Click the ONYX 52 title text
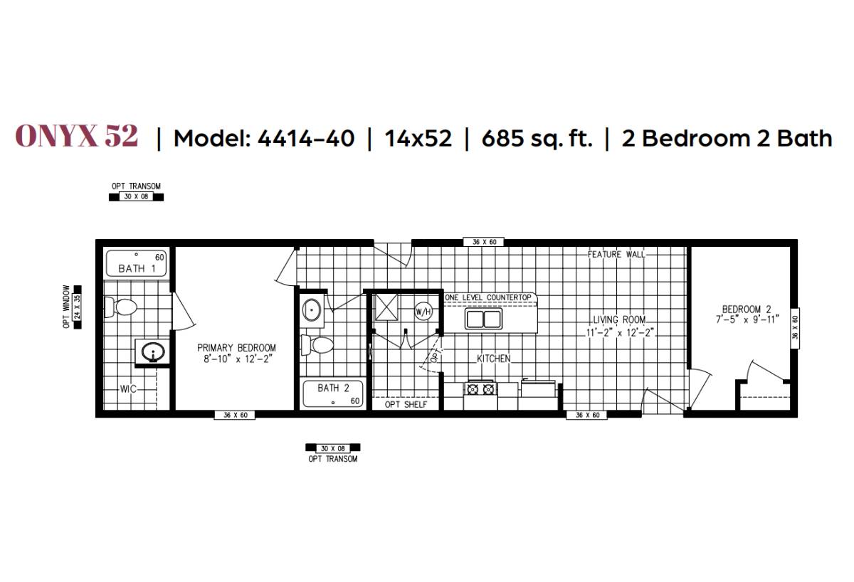point(77,136)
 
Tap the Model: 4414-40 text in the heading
point(264,138)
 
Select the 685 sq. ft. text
point(537,138)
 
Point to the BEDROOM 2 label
point(747,309)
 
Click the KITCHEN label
point(493,359)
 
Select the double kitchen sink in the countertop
point(484,319)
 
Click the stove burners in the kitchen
point(480,388)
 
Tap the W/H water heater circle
point(424,311)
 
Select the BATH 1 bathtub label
point(137,268)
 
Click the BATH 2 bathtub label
point(328,388)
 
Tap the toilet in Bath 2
point(318,346)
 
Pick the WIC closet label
point(128,389)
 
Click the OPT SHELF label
point(406,405)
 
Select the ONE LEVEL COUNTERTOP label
point(488,297)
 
